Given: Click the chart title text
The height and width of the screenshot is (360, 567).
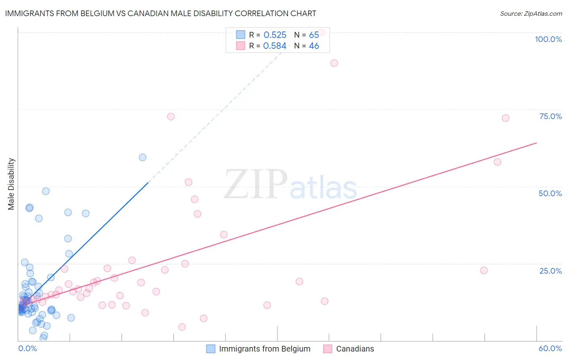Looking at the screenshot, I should point(161,13).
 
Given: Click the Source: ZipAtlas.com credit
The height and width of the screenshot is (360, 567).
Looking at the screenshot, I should point(531,14).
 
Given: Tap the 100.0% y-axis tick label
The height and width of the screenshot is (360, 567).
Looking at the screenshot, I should point(548,39).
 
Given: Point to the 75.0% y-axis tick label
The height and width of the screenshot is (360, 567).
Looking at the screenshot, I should point(550,116).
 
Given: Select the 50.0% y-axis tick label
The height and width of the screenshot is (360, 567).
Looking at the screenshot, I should point(550,193).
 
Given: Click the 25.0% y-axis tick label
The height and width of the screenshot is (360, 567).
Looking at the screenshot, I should point(550,271).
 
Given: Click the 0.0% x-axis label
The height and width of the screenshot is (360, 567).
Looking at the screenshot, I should point(27,348).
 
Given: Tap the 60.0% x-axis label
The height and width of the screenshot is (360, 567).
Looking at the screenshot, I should point(550,348).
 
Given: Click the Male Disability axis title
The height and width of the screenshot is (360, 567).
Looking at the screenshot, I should point(11,184).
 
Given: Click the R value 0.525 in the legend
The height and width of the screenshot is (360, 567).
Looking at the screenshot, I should point(275,35).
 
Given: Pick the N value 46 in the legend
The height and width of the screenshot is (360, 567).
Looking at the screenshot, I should point(314,46).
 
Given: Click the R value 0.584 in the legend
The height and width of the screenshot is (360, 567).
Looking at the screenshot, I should point(275,46).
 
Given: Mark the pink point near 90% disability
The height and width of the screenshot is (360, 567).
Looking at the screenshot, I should point(334,63).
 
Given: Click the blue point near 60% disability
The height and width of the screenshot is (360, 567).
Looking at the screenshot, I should point(142,157).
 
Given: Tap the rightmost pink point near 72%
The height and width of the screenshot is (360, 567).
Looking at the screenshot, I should point(505,118).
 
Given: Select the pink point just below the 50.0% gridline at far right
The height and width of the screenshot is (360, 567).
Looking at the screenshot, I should point(497,162).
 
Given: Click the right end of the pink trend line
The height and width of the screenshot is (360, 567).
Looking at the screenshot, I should point(536,143).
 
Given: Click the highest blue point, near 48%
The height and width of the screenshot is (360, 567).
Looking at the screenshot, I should point(46,191).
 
